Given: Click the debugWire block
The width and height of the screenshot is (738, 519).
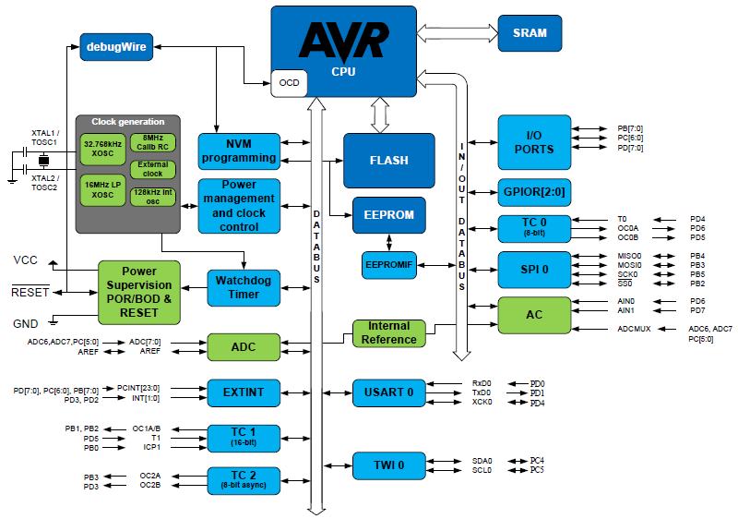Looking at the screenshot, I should point(115,46).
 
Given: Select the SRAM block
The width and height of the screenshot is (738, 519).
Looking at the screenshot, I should point(530,32).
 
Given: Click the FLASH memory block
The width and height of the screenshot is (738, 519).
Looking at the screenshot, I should point(388,160).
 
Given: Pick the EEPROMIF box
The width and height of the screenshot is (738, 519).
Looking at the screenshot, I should point(388,265).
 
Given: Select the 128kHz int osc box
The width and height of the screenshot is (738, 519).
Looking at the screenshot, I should point(152,195).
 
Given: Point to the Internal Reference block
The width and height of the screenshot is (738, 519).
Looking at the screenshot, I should point(388,332).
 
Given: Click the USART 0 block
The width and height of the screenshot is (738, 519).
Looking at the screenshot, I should point(388,392).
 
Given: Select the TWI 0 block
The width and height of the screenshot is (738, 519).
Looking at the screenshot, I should point(388,465).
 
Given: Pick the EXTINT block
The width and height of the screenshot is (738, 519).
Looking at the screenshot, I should point(244,392).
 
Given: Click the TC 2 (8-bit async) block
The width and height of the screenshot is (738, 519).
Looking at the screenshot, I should point(244,479).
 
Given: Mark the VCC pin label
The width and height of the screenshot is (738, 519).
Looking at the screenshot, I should point(25,260).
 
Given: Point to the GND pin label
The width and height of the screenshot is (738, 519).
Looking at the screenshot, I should point(25,324).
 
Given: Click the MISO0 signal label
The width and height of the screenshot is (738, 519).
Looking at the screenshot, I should point(629,256).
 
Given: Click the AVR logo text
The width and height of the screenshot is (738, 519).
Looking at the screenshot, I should point(343,42).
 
